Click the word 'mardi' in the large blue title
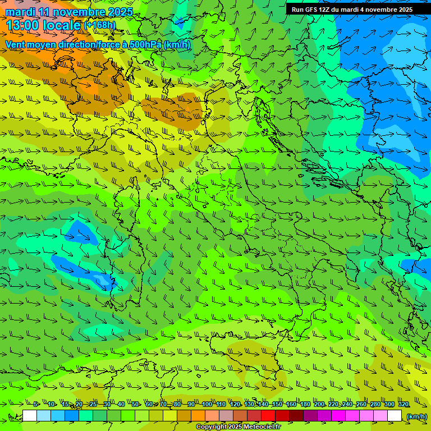(19, 12)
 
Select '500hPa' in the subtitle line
(141, 44)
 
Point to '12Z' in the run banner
(331, 10)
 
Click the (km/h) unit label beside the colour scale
(416, 416)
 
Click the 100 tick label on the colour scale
(207, 405)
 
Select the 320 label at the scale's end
(403, 405)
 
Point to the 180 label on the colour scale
(305, 405)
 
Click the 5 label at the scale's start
(36, 405)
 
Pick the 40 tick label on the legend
(121, 405)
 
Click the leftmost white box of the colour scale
(30, 416)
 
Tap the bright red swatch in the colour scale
(268, 416)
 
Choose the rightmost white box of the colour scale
(395, 416)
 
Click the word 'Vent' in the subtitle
(16, 44)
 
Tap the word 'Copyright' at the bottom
(211, 427)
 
